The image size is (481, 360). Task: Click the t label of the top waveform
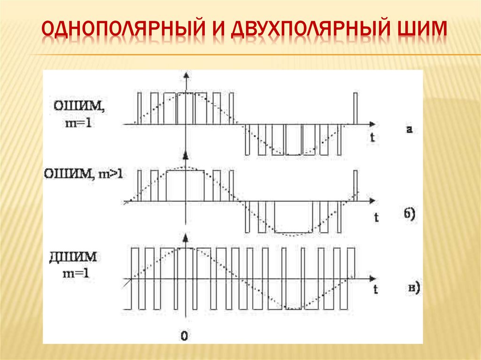pos(372,138)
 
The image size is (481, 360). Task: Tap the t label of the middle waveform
pos(376,217)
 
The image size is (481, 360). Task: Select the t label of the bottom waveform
pos(376,290)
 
